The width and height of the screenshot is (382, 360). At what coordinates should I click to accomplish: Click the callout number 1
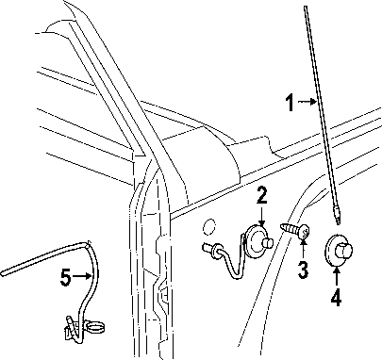point(291,103)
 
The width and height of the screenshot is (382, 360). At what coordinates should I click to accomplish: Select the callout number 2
point(261,195)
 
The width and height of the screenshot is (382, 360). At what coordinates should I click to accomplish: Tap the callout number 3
point(303,270)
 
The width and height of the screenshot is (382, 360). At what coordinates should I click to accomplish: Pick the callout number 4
point(336,297)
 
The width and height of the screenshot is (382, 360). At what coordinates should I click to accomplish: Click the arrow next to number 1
point(307,102)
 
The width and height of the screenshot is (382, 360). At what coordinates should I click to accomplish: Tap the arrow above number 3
point(303,251)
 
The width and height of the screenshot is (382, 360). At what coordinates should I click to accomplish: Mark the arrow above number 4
point(337,276)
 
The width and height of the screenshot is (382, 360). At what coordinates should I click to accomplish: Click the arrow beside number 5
point(82,276)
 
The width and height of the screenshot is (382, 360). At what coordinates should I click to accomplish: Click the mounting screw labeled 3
point(295,229)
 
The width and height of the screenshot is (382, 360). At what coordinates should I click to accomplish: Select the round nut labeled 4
point(339,251)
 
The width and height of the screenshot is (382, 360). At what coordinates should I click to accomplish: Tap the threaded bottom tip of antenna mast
point(337,220)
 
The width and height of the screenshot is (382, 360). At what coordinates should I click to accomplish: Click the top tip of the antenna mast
point(306,8)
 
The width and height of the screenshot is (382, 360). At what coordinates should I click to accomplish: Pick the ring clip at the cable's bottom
point(95,327)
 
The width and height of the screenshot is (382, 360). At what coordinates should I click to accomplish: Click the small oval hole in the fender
point(208,227)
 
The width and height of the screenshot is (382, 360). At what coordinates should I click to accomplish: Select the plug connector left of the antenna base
point(209,248)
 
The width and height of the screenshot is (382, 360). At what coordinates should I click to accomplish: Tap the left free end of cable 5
point(3,273)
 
